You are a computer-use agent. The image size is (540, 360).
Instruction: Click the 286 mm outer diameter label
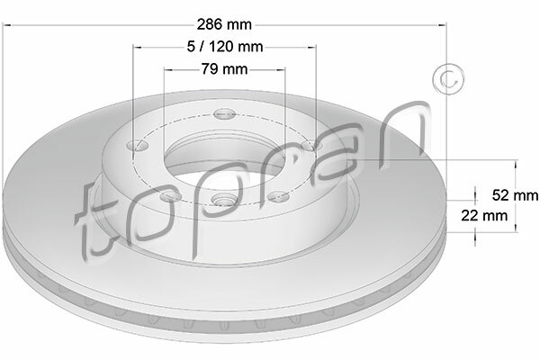[x=224, y=24]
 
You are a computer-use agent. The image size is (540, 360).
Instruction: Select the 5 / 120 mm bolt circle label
[x=225, y=47]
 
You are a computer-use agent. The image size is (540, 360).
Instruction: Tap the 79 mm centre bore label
[x=224, y=69]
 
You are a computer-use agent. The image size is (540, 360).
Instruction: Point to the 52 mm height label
[x=515, y=195]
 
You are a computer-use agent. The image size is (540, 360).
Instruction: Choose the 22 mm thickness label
[x=484, y=216]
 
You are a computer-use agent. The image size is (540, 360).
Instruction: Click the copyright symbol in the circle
[x=448, y=79]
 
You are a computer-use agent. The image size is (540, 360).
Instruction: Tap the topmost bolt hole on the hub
[x=224, y=114]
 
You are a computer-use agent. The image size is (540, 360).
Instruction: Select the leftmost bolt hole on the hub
[x=138, y=146]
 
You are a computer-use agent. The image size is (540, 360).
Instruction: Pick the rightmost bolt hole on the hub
[x=311, y=146]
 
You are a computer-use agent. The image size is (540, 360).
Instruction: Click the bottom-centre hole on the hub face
[x=222, y=199]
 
